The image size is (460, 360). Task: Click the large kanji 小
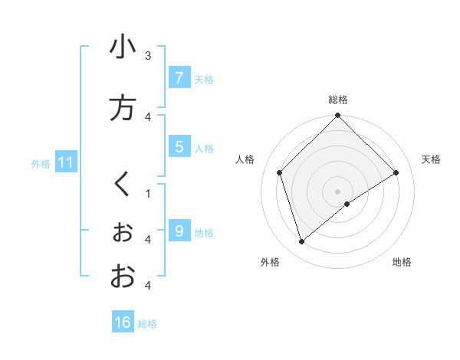coord(123,47)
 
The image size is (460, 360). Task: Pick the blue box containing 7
coord(179,78)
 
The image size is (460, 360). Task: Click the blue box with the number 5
coord(179,146)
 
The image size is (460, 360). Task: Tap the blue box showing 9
coord(179,231)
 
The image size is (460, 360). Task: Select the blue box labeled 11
coord(66,162)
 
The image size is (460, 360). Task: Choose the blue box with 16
coord(123,322)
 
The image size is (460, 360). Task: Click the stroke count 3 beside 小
coord(148,56)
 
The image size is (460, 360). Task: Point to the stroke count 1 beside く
coord(148,194)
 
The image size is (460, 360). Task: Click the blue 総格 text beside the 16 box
coord(147,324)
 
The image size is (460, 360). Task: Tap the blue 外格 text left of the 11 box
coord(41,163)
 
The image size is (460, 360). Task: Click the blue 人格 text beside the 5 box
coord(204,148)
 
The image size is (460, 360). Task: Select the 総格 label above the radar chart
coord(337,100)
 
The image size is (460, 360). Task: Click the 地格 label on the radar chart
coord(402,263)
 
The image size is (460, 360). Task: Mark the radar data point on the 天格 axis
coord(396,173)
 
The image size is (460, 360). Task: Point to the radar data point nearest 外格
coord(302,242)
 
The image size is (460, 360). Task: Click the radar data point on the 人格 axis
coord(280,172)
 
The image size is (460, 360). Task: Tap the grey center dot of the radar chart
coord(338,191)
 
